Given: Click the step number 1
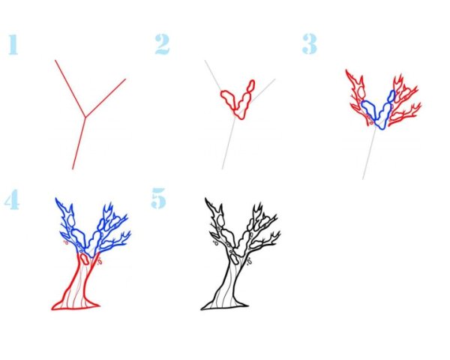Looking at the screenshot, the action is (x=13, y=44).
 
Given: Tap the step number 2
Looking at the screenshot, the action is (x=163, y=44).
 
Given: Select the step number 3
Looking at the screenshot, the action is (x=309, y=44).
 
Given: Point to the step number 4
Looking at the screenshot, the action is (x=12, y=199).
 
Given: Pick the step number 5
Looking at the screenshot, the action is (x=159, y=198).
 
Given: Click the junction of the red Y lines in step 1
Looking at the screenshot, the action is (x=85, y=116).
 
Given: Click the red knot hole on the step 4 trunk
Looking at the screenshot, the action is (x=84, y=259).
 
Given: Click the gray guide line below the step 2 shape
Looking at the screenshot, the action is (x=229, y=143).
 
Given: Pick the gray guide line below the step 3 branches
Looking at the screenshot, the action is (x=369, y=154).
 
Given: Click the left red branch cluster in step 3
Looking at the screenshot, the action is (x=358, y=94).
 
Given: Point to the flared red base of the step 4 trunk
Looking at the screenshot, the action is (x=76, y=306).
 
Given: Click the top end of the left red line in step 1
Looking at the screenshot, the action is (x=55, y=60).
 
